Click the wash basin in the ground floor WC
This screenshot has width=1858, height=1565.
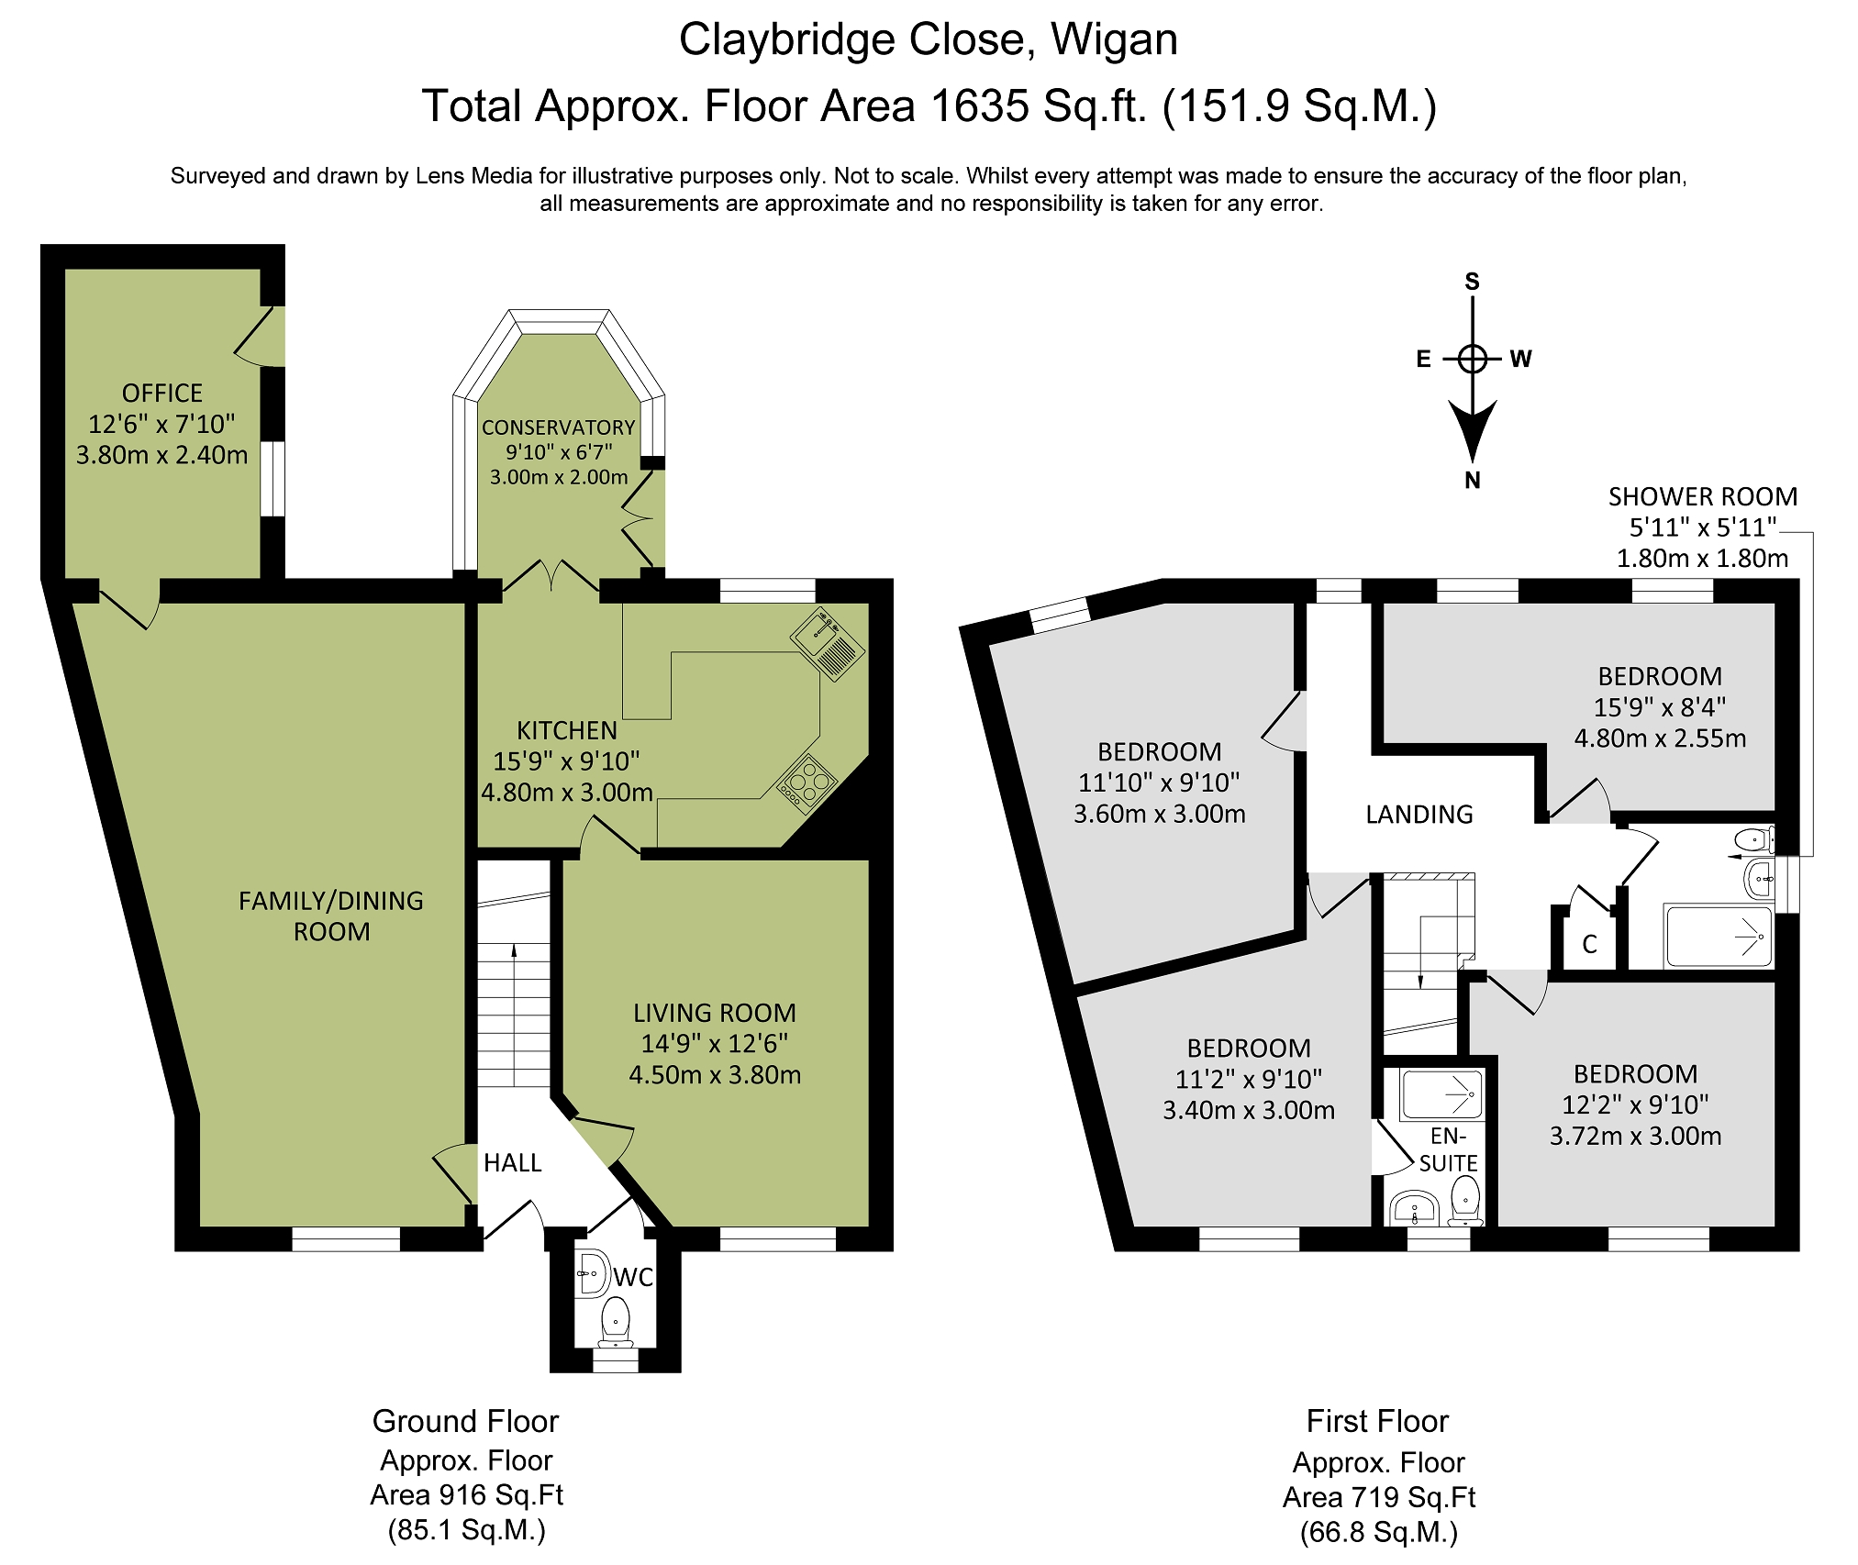tap(592, 1273)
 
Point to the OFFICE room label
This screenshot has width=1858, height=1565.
tap(162, 394)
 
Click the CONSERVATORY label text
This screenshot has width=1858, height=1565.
tap(559, 427)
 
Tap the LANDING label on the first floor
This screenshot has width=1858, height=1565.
tap(1419, 815)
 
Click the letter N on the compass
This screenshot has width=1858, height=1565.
tap(1473, 481)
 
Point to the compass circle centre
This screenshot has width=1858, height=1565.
tap(1473, 359)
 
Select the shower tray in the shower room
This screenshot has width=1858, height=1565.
tap(1719, 937)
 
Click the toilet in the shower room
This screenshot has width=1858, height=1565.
tap(1754, 839)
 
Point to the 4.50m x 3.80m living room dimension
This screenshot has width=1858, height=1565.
tap(715, 1075)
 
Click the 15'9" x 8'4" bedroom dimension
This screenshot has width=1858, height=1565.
tap(1660, 707)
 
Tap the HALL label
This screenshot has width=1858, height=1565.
tap(513, 1163)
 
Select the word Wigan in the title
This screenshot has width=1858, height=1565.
tap(1114, 40)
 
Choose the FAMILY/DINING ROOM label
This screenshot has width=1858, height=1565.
tap(331, 916)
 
